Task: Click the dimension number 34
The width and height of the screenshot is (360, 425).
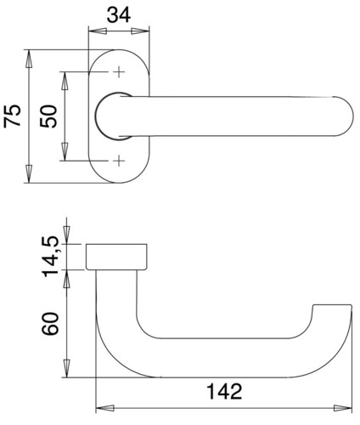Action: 119,15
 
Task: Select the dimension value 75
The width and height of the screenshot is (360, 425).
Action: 13,116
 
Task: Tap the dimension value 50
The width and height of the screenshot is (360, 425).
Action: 48,116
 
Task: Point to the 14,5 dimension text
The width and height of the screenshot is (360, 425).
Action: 50,257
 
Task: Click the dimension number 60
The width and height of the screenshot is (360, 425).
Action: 50,324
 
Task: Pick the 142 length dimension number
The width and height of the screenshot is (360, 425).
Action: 225,391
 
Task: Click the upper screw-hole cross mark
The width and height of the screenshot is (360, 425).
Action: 119,72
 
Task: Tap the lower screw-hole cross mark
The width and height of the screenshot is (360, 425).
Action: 119,161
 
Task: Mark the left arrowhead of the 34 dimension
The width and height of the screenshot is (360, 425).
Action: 98,31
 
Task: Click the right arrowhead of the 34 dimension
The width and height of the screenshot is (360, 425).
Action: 140,31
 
